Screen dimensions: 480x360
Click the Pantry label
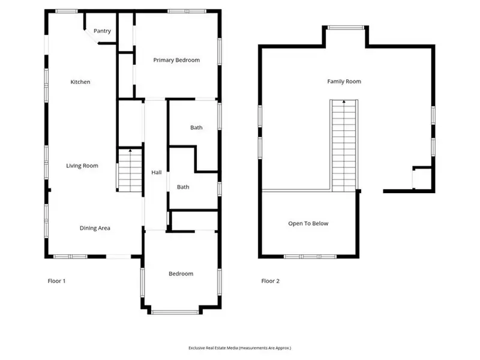[102, 31]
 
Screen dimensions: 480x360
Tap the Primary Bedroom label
[176, 61]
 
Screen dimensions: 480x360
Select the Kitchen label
[80, 82]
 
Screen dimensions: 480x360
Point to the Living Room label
[82, 166]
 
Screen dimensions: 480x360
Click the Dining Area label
[95, 228]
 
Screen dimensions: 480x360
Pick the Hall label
[157, 173]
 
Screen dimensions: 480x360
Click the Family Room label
[344, 82]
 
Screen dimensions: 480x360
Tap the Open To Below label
[308, 223]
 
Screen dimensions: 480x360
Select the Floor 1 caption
[56, 281]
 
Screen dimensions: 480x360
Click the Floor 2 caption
[271, 281]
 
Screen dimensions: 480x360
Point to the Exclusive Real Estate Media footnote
[239, 348]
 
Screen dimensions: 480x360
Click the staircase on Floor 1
[130, 170]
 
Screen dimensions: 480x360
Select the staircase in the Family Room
[344, 146]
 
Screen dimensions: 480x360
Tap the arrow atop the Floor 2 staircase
[344, 101]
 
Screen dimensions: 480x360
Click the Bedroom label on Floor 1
[181, 274]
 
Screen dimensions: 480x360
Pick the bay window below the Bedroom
[175, 312]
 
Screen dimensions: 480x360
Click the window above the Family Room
[346, 28]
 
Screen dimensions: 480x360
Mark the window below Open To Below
[310, 257]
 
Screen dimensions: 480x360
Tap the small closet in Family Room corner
[422, 178]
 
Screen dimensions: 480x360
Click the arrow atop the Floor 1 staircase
[130, 151]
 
